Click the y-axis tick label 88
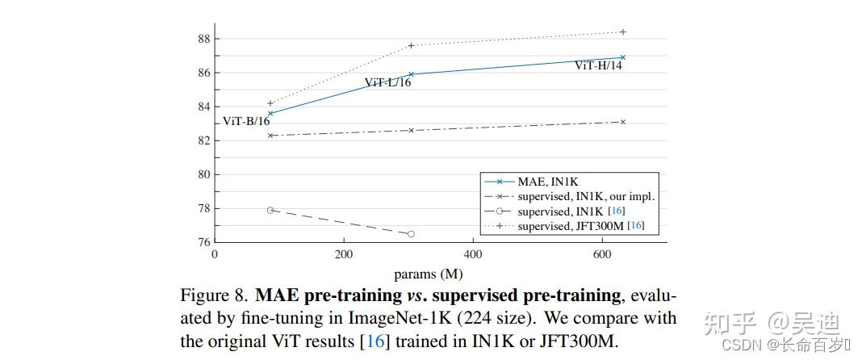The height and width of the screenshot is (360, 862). (203, 39)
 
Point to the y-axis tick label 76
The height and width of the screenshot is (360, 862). (203, 242)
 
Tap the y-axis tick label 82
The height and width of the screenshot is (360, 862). (203, 140)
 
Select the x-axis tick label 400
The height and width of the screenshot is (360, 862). (473, 256)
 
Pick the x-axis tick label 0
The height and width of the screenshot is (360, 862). (215, 256)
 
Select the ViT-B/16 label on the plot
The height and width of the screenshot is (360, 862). (246, 122)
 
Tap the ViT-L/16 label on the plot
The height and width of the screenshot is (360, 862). (387, 82)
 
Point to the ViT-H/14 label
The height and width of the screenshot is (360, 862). (598, 65)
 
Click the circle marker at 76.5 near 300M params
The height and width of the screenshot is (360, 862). (411, 234)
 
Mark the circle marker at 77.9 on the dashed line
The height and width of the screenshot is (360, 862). (270, 210)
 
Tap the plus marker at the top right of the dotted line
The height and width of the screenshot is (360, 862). (622, 32)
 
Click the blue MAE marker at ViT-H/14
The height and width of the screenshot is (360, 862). (622, 57)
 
